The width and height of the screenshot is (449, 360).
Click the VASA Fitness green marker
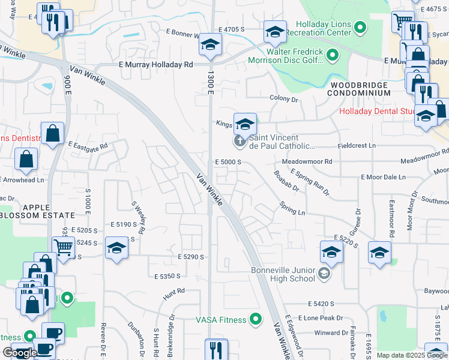[256, 319]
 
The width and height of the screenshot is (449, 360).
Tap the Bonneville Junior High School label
[283, 274]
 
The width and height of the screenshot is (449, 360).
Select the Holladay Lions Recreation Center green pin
[360, 27]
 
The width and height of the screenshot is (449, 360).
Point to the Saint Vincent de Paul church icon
[239, 142]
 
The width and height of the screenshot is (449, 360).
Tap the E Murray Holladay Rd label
[155, 65]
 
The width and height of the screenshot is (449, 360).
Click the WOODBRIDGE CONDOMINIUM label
[360, 89]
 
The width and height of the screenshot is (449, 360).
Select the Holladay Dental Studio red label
[377, 111]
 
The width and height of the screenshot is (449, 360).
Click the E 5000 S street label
[228, 162]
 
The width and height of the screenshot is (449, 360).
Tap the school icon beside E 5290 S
[116, 248]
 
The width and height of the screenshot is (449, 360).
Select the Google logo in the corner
[19, 353]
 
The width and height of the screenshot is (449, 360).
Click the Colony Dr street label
[284, 98]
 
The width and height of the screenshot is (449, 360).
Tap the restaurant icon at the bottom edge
[216, 350]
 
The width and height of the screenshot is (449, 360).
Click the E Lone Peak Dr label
[323, 318]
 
